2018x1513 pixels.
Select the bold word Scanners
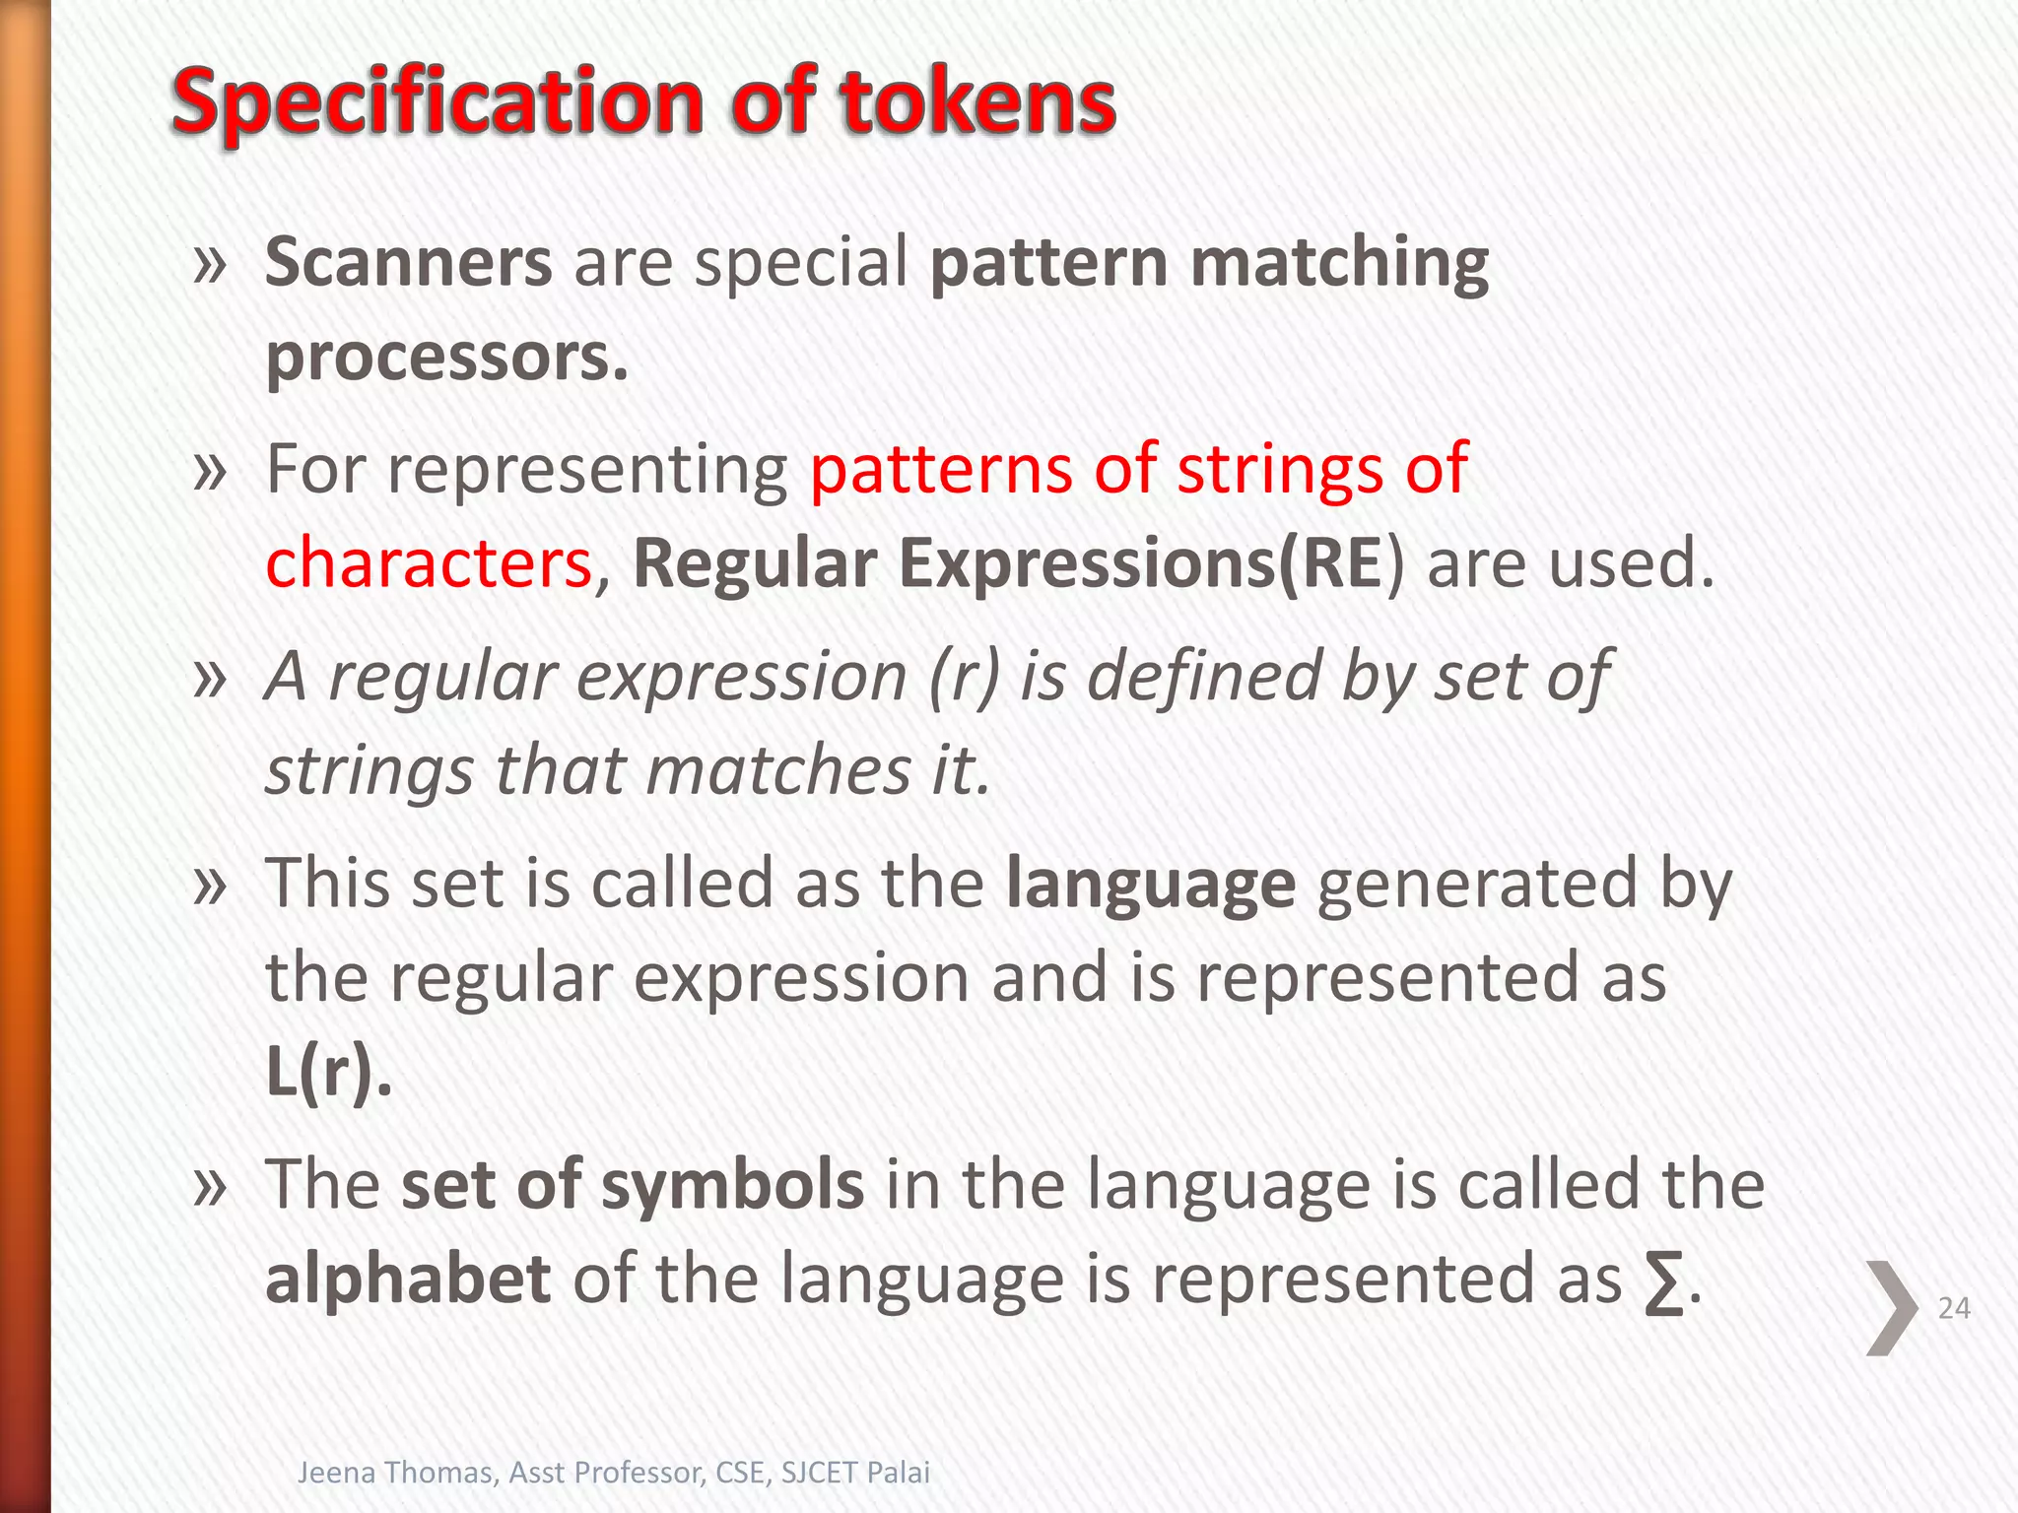[409, 263]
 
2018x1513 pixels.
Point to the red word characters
[429, 563]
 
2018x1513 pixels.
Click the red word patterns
[940, 469]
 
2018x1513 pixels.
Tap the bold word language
[1150, 884]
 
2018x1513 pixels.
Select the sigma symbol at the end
[1663, 1283]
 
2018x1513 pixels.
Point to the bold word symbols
[732, 1185]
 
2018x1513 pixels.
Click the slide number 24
[1953, 1308]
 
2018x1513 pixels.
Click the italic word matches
[778, 771]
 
